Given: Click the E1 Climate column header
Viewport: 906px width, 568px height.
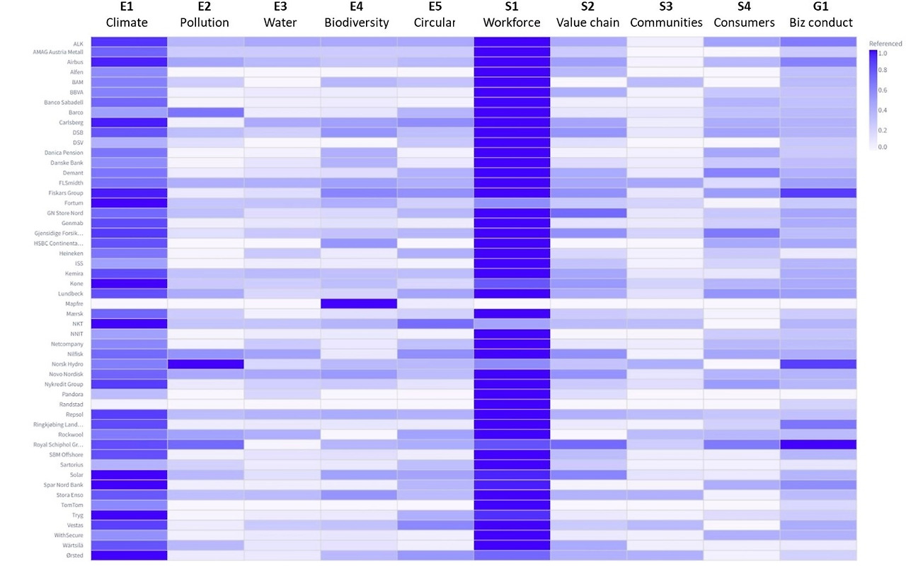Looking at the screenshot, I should tap(127, 16).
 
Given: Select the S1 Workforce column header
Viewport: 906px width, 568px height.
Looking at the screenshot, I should tap(511, 16).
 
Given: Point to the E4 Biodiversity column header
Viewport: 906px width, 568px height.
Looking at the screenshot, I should tap(357, 16).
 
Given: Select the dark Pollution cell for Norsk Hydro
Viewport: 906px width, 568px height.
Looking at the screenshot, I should tap(205, 364).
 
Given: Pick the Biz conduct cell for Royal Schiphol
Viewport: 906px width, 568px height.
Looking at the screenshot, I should tap(818, 444).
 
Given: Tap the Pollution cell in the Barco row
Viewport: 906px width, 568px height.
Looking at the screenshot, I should tap(205, 112).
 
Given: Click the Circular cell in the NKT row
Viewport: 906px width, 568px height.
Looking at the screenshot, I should tap(435, 324).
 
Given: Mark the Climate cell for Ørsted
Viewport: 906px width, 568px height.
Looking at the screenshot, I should tap(128, 555).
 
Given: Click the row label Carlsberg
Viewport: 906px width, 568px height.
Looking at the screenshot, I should tap(70, 122).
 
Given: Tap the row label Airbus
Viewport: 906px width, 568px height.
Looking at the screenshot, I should tap(73, 62).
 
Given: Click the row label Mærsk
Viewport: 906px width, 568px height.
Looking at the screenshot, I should tap(73, 313).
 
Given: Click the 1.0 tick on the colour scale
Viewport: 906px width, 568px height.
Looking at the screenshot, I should tap(883, 53).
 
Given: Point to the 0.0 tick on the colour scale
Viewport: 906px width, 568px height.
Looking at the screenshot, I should tap(883, 147).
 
